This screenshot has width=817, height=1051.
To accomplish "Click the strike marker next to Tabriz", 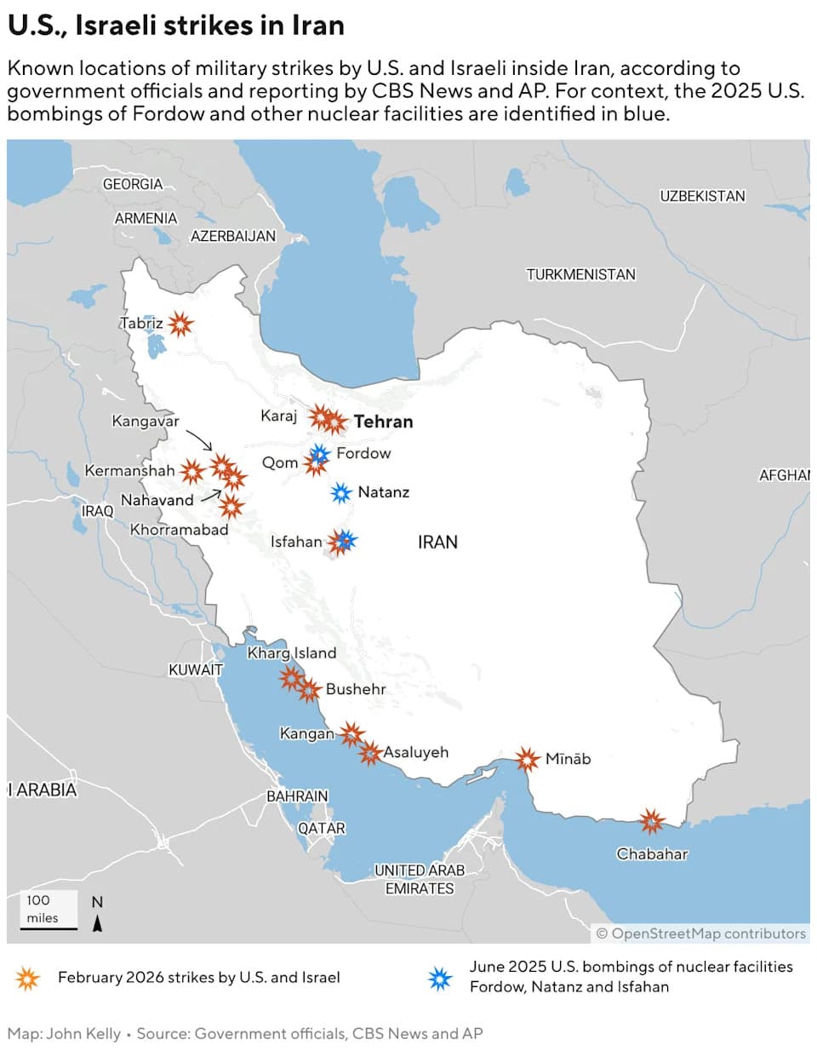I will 180,324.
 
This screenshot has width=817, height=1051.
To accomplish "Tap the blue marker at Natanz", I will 340,492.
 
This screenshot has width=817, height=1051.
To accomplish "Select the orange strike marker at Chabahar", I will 652,821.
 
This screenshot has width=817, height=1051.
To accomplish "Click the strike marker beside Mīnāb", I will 527,759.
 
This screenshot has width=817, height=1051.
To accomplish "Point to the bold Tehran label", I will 383,422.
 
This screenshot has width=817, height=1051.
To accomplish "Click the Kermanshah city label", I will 129,470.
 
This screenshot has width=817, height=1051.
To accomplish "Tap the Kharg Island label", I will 291,653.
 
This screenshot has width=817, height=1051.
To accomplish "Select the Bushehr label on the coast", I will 356,689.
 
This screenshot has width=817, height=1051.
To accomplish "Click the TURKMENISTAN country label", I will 580,274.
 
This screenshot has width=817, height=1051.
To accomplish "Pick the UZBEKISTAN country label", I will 702,196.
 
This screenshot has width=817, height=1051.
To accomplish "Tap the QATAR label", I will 321,828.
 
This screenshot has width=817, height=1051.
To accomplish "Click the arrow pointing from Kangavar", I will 199,440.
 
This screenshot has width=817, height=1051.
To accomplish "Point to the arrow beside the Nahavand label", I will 210,495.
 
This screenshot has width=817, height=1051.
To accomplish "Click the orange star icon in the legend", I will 28,978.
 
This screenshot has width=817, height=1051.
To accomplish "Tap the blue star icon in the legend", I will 440,978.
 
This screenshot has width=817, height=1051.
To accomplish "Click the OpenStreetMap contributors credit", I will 700,933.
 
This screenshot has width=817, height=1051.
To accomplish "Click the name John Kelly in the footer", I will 83,1033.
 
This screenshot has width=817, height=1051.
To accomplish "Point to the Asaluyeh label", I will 415,752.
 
